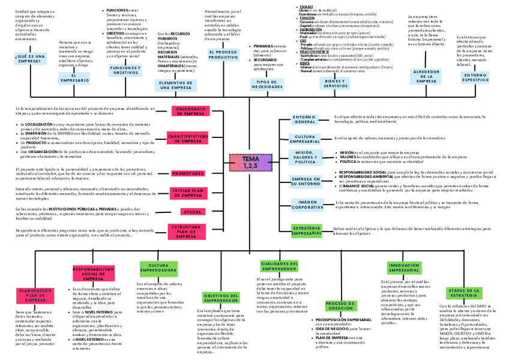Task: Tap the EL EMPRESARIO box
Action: click(74, 78)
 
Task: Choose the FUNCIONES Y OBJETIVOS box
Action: click(125, 71)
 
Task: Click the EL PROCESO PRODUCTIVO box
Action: click(223, 55)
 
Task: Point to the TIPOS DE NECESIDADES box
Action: click(267, 84)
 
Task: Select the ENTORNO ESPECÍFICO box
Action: click(475, 77)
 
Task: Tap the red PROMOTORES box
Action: click(188, 173)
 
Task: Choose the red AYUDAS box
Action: click(192, 212)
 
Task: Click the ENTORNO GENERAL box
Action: click(304, 119)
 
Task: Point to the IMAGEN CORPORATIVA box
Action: click(307, 205)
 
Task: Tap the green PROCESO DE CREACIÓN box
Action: click(340, 306)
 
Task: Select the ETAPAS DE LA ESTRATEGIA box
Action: click(463, 293)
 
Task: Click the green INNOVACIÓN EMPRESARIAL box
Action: click(404, 268)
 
